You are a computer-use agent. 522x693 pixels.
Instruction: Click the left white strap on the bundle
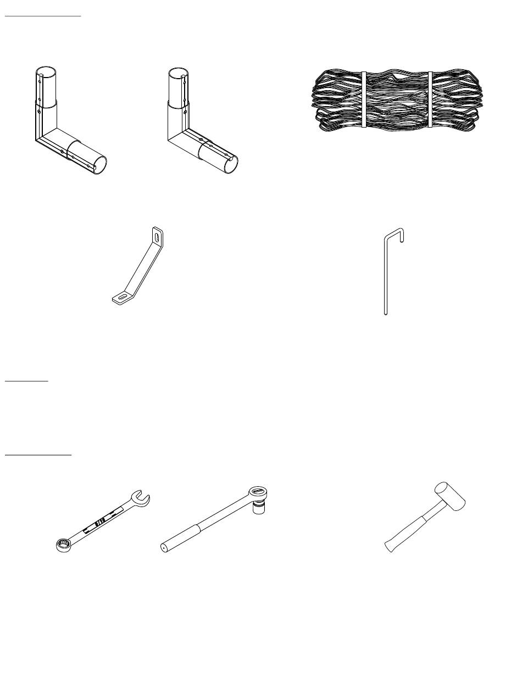tap(363, 99)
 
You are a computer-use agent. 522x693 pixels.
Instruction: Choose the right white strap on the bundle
tap(430, 99)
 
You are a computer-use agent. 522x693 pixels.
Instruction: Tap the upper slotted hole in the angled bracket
tap(158, 237)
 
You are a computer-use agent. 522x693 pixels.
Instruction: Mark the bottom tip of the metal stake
tap(386, 313)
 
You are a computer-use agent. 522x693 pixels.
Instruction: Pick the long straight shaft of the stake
tap(386, 275)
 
